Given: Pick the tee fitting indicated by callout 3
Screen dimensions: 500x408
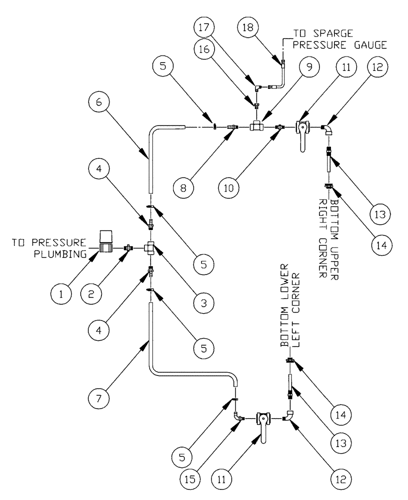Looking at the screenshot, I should tap(150, 247).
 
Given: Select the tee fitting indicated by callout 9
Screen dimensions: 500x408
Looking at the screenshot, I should tap(257, 127).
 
